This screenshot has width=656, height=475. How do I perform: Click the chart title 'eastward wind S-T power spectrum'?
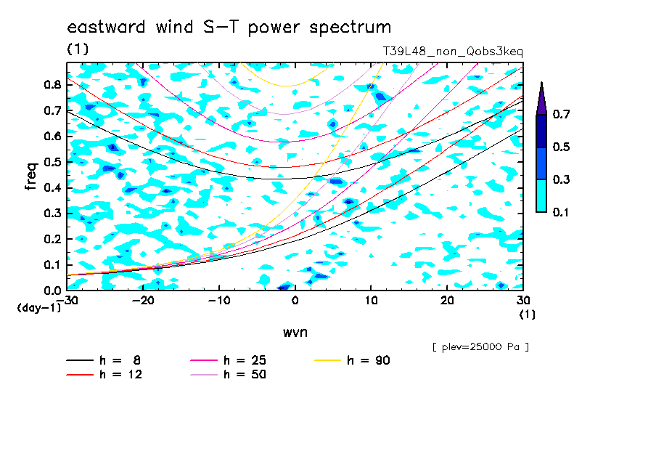point(229,27)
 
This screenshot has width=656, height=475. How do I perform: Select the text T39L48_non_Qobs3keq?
point(453,52)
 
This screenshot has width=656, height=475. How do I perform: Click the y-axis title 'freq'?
point(31,176)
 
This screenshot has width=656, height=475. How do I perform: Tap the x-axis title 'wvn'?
point(295,333)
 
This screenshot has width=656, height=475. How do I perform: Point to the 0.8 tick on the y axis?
point(52,84)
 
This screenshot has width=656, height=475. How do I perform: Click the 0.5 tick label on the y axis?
point(52,162)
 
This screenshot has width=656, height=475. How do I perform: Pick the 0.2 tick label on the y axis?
point(52,239)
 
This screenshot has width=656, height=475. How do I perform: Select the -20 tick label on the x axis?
point(143,301)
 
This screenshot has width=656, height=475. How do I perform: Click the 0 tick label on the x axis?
point(295,301)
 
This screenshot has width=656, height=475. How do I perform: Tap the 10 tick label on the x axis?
point(371,301)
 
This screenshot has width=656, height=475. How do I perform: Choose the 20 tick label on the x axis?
point(447,301)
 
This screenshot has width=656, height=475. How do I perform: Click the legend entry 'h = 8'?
point(103,360)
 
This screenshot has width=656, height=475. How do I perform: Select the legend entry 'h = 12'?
point(104,375)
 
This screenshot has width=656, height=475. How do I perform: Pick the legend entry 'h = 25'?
point(228,360)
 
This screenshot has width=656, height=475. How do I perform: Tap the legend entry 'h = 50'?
point(228,375)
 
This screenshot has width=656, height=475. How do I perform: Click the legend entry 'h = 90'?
point(352,360)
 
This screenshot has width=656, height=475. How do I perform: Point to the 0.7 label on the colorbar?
point(561,114)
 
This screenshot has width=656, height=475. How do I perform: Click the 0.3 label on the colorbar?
point(561,179)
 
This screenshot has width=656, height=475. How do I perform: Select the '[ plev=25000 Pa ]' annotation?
point(480,347)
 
